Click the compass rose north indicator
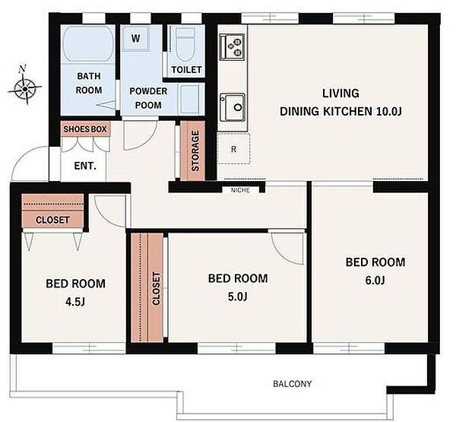(x=24, y=85)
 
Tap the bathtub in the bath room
(x=88, y=44)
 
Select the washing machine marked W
(x=136, y=39)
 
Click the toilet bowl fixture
(x=185, y=46)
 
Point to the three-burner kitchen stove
(x=232, y=47)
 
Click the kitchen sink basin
(x=233, y=107)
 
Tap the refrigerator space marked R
(x=233, y=148)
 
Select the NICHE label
(x=240, y=190)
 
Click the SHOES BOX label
(x=85, y=129)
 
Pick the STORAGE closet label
(x=195, y=151)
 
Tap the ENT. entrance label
(x=85, y=166)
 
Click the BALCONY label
(x=292, y=384)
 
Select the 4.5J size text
(x=75, y=302)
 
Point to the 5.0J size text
(x=238, y=297)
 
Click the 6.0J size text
(x=375, y=281)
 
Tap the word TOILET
(x=186, y=69)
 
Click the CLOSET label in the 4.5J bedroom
(x=52, y=220)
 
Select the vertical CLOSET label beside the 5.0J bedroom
(x=156, y=288)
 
